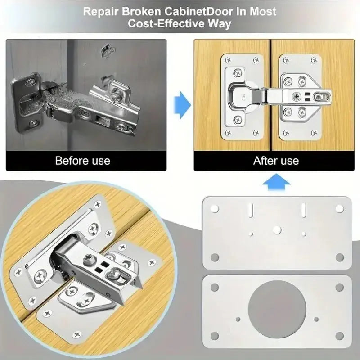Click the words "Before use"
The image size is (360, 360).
[x=82, y=161]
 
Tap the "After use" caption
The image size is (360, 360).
[x=276, y=161]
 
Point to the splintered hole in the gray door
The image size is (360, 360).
[x=108, y=51]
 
